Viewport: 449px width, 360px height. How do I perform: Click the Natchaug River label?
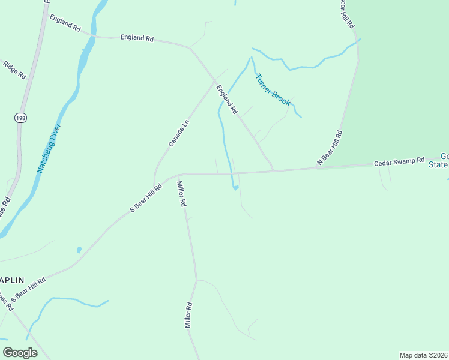(x=50, y=148)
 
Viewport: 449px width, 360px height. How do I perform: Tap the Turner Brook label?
(x=273, y=90)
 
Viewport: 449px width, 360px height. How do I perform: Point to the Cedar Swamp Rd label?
(x=399, y=163)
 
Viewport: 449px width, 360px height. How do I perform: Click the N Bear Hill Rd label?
(x=330, y=148)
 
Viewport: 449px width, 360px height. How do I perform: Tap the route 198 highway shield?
(x=21, y=117)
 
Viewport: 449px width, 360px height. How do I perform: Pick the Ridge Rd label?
(x=15, y=70)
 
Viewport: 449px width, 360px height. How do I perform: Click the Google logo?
(x=20, y=353)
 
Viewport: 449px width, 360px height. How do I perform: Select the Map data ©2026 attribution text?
(x=424, y=355)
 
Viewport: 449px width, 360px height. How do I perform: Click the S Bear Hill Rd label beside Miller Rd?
(x=146, y=199)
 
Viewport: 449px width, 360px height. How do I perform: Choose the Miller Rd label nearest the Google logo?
(x=187, y=314)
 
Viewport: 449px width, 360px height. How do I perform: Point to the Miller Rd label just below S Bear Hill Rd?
(x=181, y=196)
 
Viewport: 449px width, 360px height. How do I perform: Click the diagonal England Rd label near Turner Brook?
(x=227, y=100)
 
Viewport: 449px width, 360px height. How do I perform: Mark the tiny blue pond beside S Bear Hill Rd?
(x=79, y=250)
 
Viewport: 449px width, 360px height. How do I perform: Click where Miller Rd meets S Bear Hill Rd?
(x=178, y=176)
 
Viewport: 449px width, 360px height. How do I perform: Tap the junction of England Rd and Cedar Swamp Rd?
(x=274, y=170)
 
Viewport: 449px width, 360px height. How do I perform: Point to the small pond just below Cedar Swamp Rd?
(x=235, y=188)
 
